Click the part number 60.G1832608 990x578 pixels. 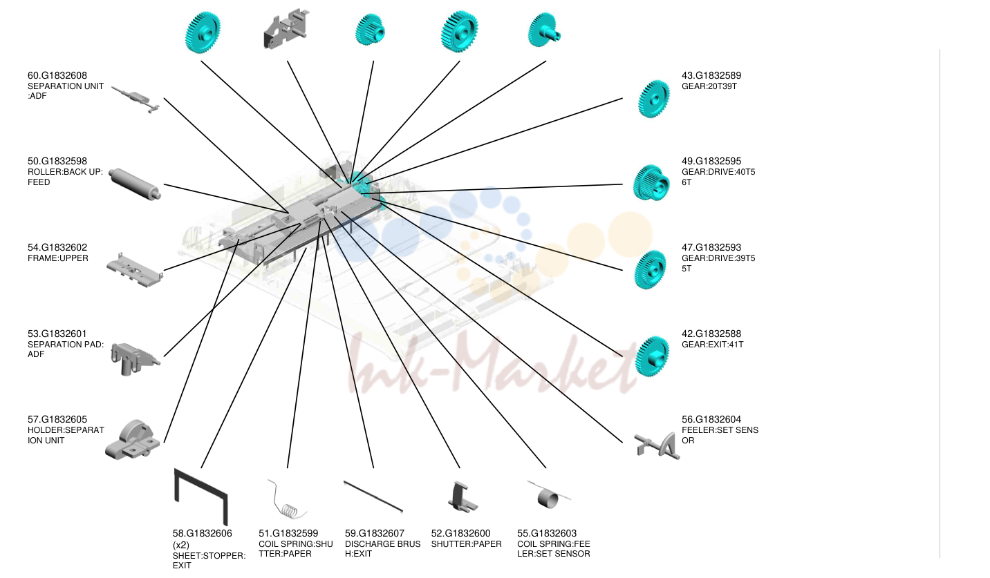(57, 75)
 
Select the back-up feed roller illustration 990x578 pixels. (135, 184)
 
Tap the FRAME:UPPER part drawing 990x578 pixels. (134, 270)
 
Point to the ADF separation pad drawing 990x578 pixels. (135, 358)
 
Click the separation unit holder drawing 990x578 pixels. (133, 440)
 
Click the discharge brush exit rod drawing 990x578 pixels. (373, 497)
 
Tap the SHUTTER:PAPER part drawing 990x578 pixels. (463, 497)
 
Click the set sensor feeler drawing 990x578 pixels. (657, 446)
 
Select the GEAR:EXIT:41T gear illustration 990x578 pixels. (652, 356)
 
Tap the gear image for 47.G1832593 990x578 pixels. (650, 269)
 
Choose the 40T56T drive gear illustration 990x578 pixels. (651, 183)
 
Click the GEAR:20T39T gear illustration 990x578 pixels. (654, 99)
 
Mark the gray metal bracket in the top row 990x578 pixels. (286, 29)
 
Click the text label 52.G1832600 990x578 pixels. (460, 533)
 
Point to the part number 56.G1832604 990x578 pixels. (711, 419)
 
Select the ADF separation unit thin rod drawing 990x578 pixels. (136, 100)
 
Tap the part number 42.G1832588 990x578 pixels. (711, 334)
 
